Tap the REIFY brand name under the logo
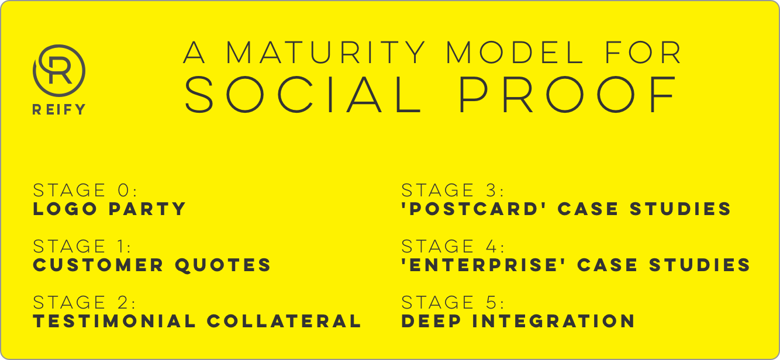coord(59,109)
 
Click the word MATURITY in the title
coord(326,52)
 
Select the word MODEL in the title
coord(515,52)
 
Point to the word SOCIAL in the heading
coord(303,95)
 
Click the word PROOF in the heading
coord(568,95)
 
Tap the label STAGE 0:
coord(85,190)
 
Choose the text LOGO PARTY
coord(109,209)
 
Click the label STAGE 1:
coord(82,246)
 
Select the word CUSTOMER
coord(98,265)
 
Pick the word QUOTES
coord(223,265)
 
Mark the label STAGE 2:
coord(84,302)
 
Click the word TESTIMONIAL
coord(115,321)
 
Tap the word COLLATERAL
coord(284,321)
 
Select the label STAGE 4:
coord(453,246)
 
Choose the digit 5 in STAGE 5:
coord(492,302)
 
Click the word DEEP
coord(432,321)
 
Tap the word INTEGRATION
coord(554,321)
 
